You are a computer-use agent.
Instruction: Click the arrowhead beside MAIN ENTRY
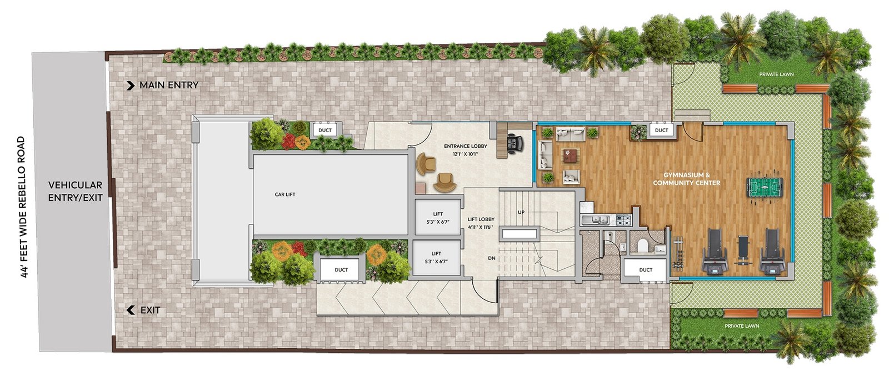[x=131, y=86]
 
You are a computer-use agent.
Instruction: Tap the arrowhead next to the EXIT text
[x=130, y=310]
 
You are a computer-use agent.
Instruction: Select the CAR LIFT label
[x=285, y=194]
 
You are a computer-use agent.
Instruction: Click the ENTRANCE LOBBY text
[x=466, y=146]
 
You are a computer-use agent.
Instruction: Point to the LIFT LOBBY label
[x=481, y=219]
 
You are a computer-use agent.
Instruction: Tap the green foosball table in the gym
[x=765, y=186]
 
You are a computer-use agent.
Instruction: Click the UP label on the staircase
[x=521, y=212]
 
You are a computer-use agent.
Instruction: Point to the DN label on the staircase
[x=492, y=258]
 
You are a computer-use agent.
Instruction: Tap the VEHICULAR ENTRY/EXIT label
[x=76, y=191]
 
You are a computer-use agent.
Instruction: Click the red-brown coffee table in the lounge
[x=570, y=155]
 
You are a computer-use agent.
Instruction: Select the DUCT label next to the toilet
[x=646, y=270]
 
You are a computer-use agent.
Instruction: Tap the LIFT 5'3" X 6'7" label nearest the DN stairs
[x=436, y=258]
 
